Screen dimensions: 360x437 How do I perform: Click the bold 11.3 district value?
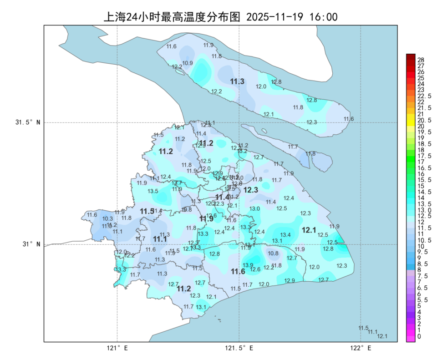point(237,81)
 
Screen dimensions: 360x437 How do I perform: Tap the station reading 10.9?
point(188,63)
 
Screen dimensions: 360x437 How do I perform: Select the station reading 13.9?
point(248,265)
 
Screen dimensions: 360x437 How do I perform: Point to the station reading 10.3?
point(108,219)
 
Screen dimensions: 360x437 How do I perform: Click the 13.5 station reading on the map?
point(153,191)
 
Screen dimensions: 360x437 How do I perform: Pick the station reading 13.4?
point(285,235)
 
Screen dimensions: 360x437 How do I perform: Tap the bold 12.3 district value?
point(251,190)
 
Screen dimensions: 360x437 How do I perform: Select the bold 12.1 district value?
point(309,230)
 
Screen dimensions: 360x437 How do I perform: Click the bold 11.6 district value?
point(238,271)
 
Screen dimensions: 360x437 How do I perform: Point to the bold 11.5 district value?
point(147,212)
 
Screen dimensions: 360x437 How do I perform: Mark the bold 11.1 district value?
point(160,239)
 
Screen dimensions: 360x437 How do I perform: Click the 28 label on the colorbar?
point(421,60)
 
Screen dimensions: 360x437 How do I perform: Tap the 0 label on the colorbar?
point(419,336)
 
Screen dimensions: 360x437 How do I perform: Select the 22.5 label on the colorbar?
point(424,96)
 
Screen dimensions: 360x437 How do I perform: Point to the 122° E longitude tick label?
point(361,348)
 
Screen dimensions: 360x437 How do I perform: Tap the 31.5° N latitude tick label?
point(28,122)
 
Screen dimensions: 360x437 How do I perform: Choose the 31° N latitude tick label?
point(31,244)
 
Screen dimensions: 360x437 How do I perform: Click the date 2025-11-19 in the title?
point(274,17)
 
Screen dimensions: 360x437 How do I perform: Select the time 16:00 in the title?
point(323,17)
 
